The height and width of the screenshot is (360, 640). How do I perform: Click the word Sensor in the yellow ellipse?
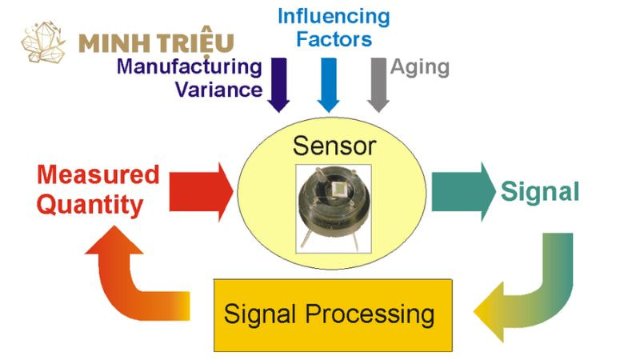coord(334,146)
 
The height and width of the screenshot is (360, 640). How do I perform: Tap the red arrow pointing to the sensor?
coord(201,192)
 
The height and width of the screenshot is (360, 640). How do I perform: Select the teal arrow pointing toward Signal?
coord(463,192)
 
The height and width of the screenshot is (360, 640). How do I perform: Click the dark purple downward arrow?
coord(278,85)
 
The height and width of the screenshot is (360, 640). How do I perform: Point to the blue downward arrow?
coord(329,85)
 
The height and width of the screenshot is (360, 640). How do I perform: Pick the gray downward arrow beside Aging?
coord(378,85)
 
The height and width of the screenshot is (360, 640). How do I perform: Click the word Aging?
coord(420,68)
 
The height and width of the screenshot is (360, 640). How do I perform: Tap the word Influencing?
coord(334,18)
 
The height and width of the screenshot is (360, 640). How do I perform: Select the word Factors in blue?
coord(334,39)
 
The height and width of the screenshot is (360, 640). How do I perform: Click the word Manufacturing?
coord(190,67)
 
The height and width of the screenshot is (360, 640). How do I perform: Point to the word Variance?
coord(218,90)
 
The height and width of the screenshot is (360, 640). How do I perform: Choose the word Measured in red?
coord(98,174)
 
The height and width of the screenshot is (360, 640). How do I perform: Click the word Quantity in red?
coord(90,205)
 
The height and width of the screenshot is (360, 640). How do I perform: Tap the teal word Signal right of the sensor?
coord(540,191)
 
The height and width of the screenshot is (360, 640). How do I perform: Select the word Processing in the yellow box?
coord(370,315)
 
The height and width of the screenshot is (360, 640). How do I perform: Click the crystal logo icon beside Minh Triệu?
coord(44,42)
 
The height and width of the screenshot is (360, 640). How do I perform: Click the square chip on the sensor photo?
coord(338,189)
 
